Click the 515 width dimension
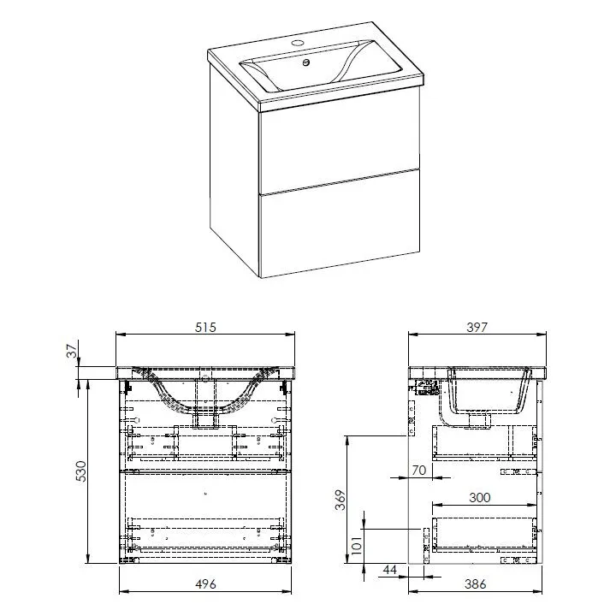[204, 326]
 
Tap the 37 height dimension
[72, 350]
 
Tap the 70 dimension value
[418, 470]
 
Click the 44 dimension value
[391, 570]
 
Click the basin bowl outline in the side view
[484, 394]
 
